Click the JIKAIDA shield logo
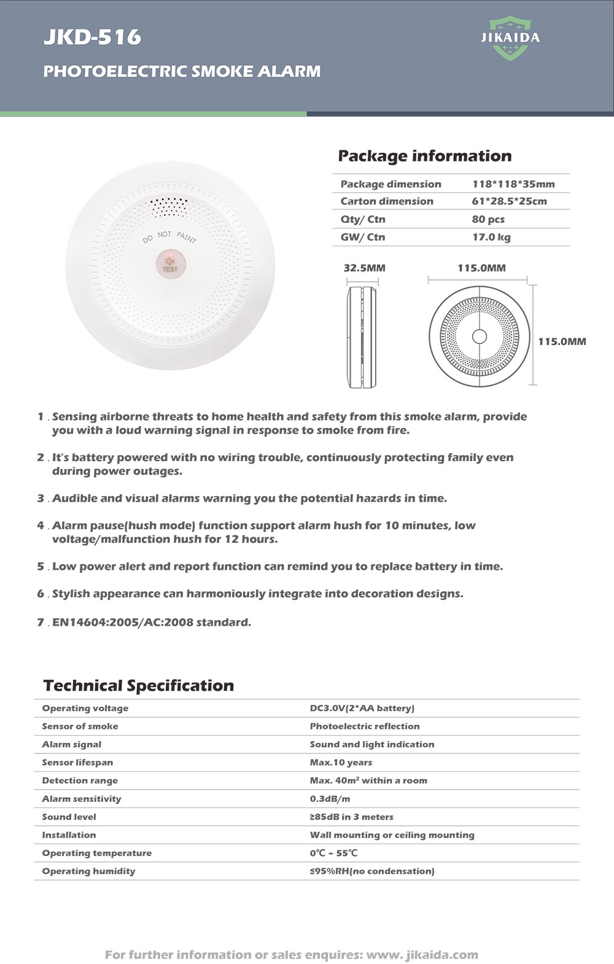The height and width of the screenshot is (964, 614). (510, 38)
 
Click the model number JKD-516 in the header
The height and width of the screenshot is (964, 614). (93, 37)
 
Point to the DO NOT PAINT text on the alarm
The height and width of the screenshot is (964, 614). (169, 236)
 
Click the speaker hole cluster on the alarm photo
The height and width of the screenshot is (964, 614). (169, 207)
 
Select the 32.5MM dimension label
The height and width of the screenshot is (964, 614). (364, 268)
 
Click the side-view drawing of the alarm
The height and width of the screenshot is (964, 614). (362, 336)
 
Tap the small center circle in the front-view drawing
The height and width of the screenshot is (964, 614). (480, 336)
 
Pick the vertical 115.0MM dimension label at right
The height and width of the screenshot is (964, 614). (562, 341)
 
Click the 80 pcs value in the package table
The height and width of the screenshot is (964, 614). (488, 219)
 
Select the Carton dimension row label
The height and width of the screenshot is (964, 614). (387, 201)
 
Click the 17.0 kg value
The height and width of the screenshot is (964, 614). (491, 237)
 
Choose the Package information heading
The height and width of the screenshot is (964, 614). (425, 156)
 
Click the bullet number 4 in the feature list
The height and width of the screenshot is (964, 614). (41, 526)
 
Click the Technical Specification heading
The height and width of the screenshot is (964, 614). (139, 685)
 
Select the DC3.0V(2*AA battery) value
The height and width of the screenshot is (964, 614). (362, 708)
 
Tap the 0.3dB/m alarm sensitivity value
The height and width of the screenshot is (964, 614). (330, 799)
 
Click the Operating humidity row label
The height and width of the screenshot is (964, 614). (88, 871)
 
